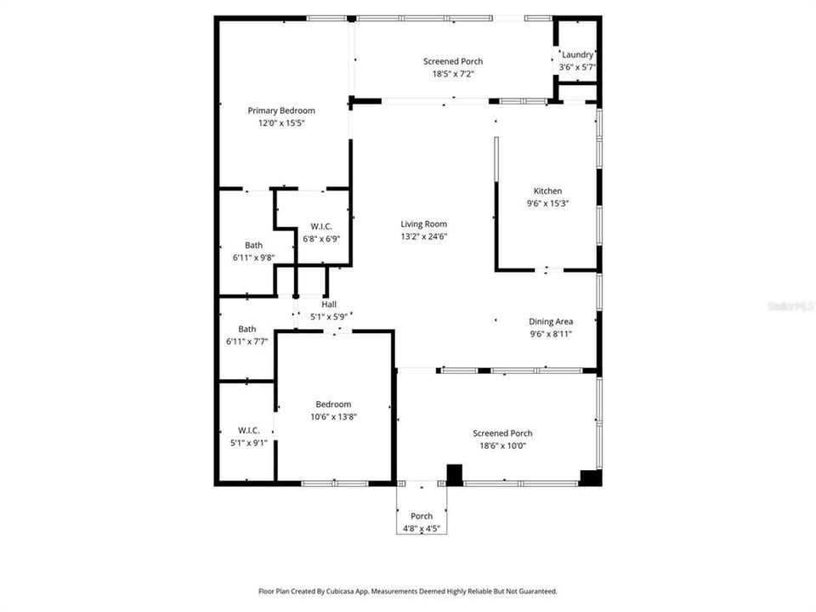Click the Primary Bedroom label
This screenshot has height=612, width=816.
click(280, 110)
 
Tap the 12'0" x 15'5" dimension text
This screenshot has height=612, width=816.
click(280, 123)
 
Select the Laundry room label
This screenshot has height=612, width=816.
click(577, 54)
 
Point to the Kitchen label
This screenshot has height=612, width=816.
click(547, 191)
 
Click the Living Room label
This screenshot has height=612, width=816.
click(423, 224)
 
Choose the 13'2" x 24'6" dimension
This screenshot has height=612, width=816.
click(423, 236)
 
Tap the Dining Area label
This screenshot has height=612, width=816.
click(551, 321)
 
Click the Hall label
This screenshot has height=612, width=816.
click(329, 304)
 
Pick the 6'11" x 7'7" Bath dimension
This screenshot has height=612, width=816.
click(247, 341)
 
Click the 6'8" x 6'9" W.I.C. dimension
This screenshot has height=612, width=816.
click(320, 238)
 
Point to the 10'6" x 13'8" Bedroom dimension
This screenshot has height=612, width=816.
click(333, 416)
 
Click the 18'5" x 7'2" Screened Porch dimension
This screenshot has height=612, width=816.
click(453, 74)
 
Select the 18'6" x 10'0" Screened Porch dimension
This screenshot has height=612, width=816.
click(502, 445)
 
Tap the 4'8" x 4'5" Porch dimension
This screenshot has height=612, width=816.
click(422, 528)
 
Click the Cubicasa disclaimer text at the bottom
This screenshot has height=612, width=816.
click(408, 591)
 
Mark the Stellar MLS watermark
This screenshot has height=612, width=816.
click(790, 303)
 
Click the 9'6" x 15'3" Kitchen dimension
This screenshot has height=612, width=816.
click(547, 203)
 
